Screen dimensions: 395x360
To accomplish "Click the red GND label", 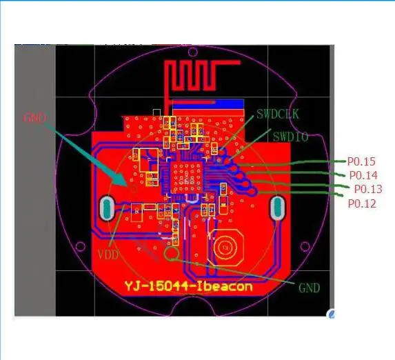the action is coord(34,118).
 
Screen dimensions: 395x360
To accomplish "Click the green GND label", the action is coord(309,288).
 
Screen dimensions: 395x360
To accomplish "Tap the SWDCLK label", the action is coord(278,114).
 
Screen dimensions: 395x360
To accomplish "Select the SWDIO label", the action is coord(290,137).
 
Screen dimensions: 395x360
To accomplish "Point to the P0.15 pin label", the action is coord(361,161).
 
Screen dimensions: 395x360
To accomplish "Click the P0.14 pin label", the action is coord(363,175).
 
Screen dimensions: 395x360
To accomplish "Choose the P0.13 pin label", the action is coord(368,189).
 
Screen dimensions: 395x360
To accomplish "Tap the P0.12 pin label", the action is coord(362,203).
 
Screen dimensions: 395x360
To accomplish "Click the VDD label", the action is coord(108,255).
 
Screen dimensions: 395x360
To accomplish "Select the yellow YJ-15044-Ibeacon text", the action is coord(188,287).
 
